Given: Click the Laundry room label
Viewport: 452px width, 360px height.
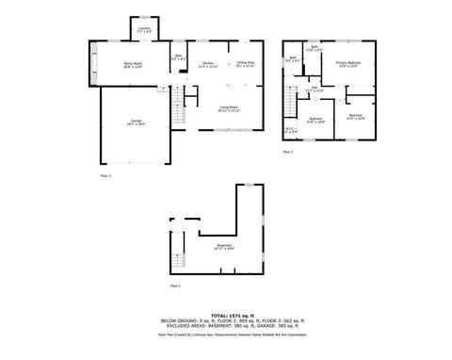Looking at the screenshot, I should pyautogui.click(x=145, y=30).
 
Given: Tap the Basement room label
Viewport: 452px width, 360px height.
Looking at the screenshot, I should pyautogui.click(x=223, y=248).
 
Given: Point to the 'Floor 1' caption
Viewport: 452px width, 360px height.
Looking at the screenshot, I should pyautogui.click(x=174, y=285).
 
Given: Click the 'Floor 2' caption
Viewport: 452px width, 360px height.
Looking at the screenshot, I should pyautogui.click(x=105, y=175).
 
